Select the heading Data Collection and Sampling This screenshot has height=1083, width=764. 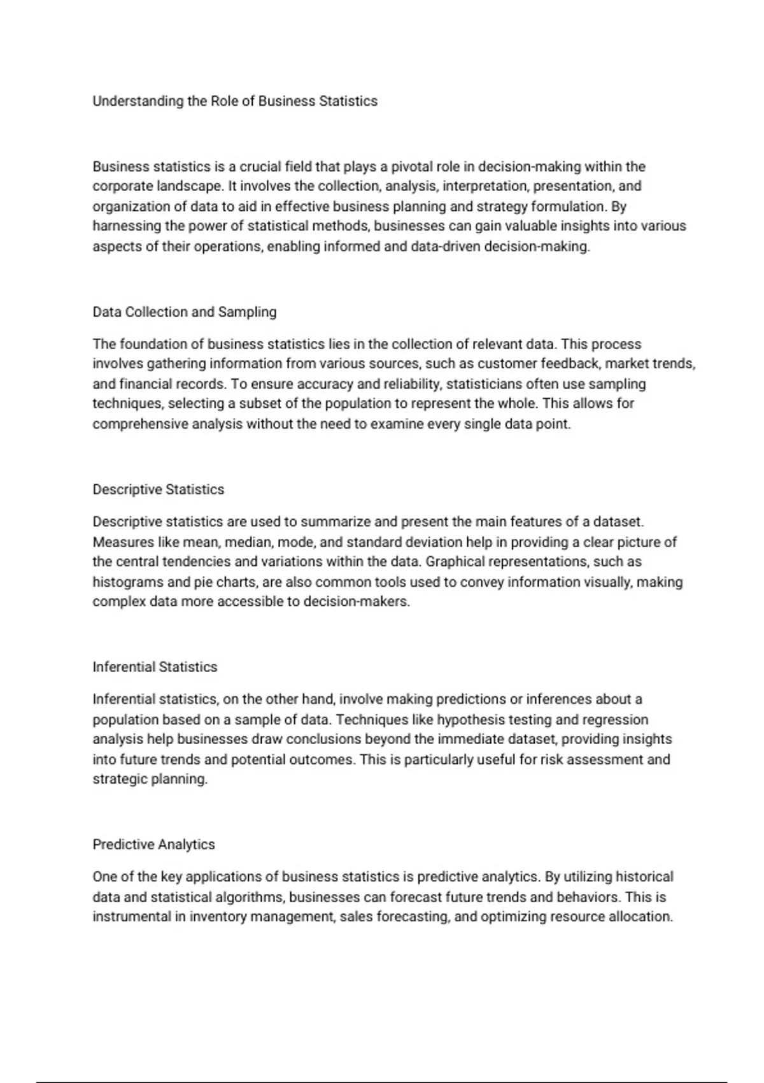(x=185, y=312)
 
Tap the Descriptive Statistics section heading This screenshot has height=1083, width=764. (x=159, y=490)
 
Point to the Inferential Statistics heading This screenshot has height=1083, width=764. (x=155, y=667)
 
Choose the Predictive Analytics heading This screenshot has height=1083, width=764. (x=153, y=845)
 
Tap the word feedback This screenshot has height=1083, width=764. (x=570, y=364)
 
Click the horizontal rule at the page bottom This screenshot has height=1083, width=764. (x=382, y=1082)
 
